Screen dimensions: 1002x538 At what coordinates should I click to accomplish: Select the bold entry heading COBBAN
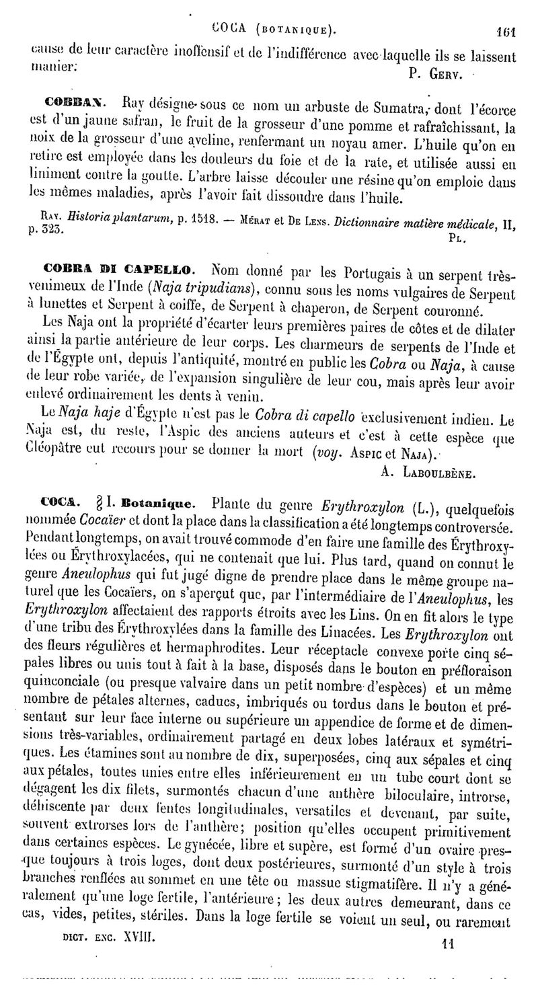[76, 103]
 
